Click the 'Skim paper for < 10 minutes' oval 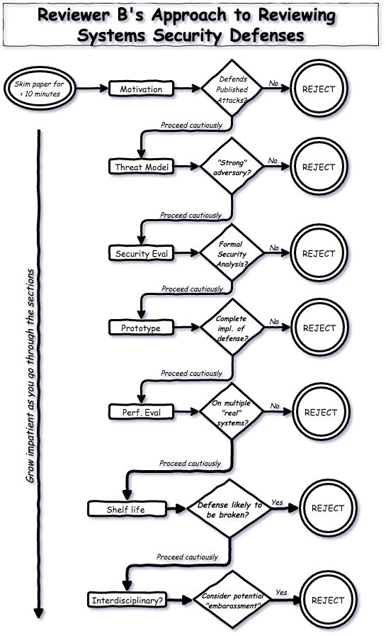[40, 89]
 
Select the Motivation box [141, 89]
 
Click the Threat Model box [141, 167]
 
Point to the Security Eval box [142, 254]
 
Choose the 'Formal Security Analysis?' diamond [231, 254]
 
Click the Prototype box [141, 328]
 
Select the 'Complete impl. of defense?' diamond [231, 328]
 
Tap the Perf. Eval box [142, 413]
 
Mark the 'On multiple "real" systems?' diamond [231, 413]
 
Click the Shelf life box [127, 509]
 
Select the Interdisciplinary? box [127, 601]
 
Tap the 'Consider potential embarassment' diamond [232, 601]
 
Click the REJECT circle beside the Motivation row [318, 89]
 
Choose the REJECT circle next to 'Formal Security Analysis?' [318, 254]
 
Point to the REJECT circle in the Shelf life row [327, 508]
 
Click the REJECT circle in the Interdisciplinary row [327, 601]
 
